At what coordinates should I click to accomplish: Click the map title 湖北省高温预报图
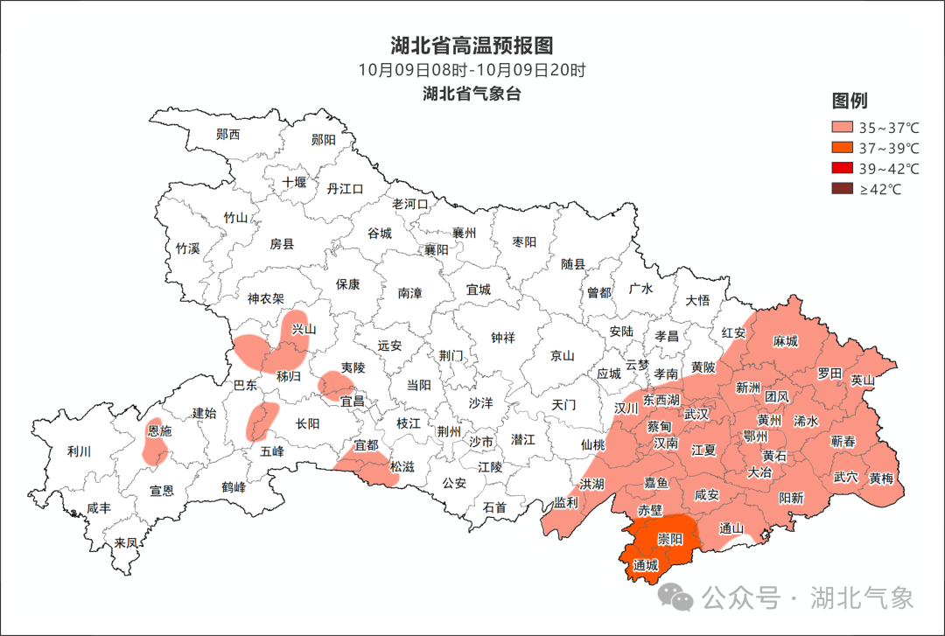click(x=472, y=45)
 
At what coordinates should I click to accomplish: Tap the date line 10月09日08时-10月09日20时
click(x=472, y=70)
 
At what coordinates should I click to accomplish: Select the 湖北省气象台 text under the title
click(x=472, y=94)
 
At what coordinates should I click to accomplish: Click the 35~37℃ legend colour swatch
click(x=841, y=127)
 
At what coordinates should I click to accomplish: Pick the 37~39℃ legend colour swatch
click(x=841, y=148)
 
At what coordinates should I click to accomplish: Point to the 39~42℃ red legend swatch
click(x=841, y=168)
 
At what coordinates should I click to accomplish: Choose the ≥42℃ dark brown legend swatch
click(x=841, y=189)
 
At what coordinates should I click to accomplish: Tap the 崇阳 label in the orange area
click(x=670, y=539)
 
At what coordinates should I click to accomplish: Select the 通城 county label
click(x=645, y=566)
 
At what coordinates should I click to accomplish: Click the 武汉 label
click(x=696, y=414)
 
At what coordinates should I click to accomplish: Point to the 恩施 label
click(x=159, y=431)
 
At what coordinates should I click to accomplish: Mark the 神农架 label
click(x=265, y=298)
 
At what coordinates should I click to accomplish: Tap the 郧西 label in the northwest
click(x=227, y=135)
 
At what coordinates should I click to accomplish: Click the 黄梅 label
click(x=881, y=478)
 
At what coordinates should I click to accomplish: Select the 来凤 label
click(x=126, y=542)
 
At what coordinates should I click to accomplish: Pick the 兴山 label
click(x=303, y=329)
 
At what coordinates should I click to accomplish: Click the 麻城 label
click(x=785, y=341)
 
